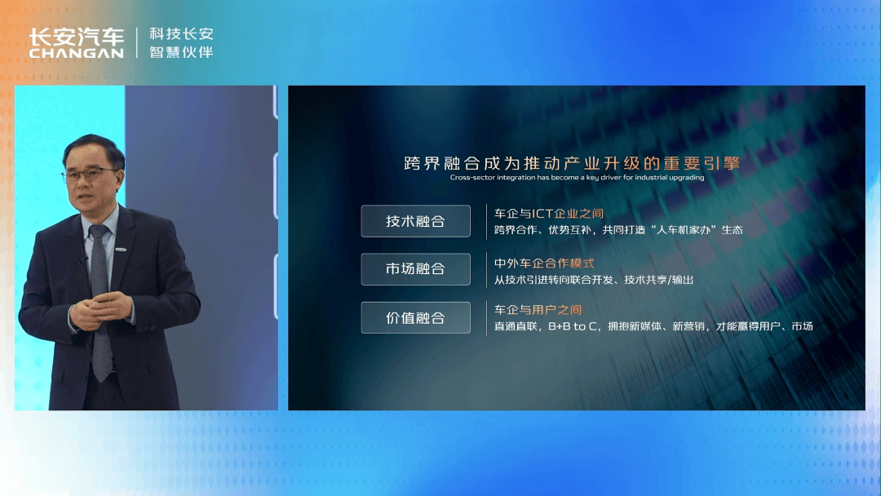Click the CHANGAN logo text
[77, 53]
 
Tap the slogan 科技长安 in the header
[181, 34]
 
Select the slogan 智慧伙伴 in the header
[181, 52]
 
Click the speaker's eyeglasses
[89, 175]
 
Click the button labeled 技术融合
[416, 221]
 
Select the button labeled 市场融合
[416, 269]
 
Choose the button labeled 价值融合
[416, 318]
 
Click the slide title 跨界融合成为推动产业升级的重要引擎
[572, 163]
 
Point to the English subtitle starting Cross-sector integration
[577, 178]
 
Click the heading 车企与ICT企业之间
[549, 214]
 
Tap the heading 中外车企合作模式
[544, 263]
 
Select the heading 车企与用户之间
[538, 309]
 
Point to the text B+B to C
[573, 326]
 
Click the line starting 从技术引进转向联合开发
[594, 280]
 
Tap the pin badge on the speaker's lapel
[121, 250]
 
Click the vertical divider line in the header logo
[136, 42]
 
